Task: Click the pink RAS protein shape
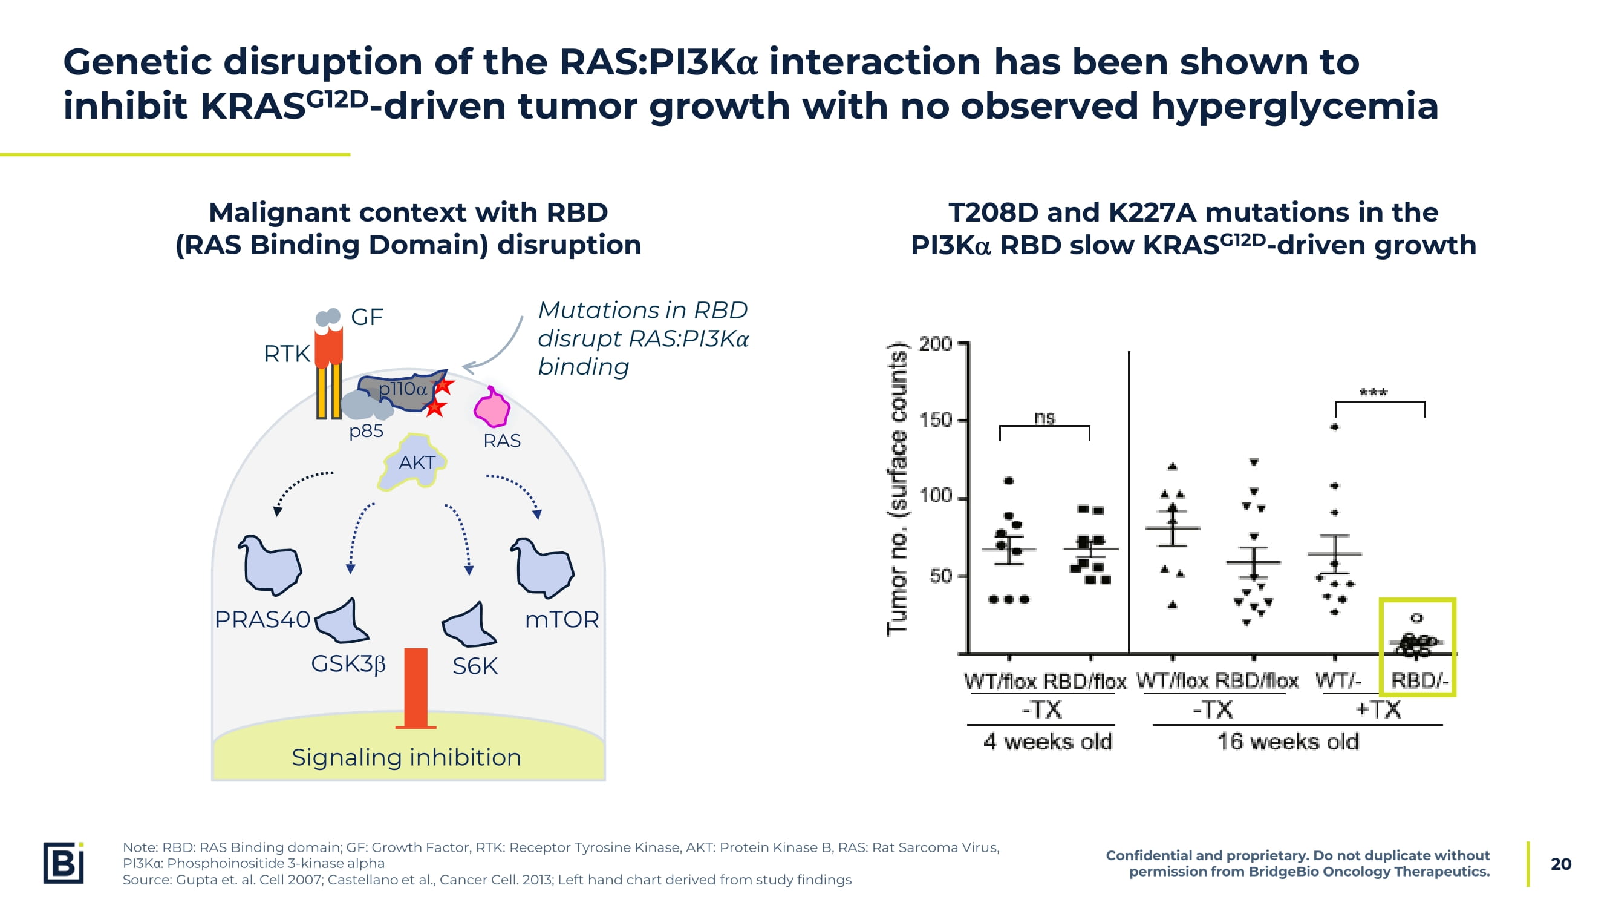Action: click(x=492, y=408)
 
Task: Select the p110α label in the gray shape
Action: click(x=402, y=389)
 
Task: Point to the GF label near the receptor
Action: click(x=367, y=317)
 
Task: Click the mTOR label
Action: click(x=562, y=620)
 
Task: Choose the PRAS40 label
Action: click(x=262, y=620)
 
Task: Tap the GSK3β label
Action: click(x=348, y=663)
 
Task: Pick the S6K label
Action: click(x=475, y=666)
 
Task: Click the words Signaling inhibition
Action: click(x=406, y=758)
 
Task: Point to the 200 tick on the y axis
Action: click(x=935, y=344)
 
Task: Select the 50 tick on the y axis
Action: click(x=940, y=576)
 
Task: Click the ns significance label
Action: click(x=1044, y=418)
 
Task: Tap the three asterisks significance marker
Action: click(x=1373, y=393)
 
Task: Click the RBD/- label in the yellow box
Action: click(x=1419, y=680)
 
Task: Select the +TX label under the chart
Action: click(x=1378, y=710)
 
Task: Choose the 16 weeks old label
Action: click(x=1288, y=742)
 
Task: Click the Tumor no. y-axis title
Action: click(x=898, y=489)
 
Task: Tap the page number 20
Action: click(x=1560, y=864)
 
